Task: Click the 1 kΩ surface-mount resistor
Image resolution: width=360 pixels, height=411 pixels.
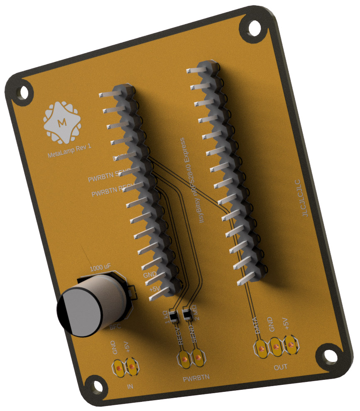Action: pyautogui.click(x=174, y=317)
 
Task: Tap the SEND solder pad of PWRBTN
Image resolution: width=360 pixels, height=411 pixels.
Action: pyautogui.click(x=198, y=357)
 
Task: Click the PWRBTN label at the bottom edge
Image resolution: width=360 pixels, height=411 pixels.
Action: pyautogui.click(x=196, y=377)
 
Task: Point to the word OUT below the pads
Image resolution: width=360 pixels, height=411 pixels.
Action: pyautogui.click(x=280, y=367)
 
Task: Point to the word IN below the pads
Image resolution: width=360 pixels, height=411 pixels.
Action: pyautogui.click(x=130, y=387)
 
